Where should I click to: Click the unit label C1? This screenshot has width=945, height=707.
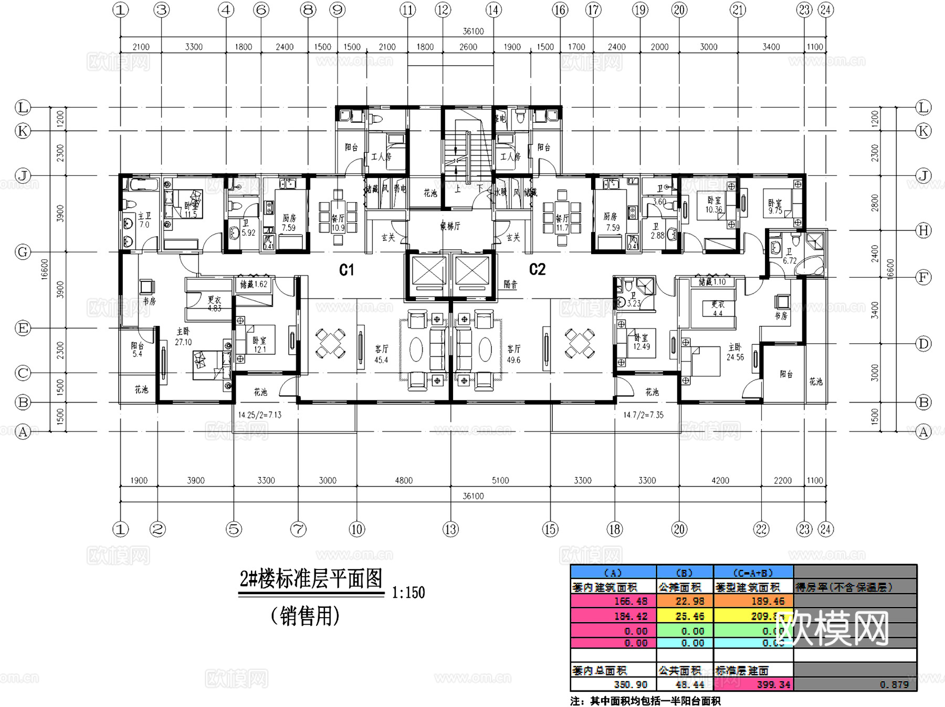point(346,270)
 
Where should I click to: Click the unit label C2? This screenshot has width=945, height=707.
point(537,269)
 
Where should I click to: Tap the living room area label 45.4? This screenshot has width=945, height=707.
point(381,360)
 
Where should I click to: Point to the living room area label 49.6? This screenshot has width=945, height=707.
point(513,360)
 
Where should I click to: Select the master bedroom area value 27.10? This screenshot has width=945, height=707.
point(183,342)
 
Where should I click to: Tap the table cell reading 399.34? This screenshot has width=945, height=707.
point(773,684)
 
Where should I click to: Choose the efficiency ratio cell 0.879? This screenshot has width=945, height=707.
point(894,684)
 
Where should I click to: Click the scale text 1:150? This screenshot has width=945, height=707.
point(408,593)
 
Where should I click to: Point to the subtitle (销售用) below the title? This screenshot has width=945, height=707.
point(305,616)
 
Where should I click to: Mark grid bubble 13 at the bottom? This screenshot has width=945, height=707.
point(450,529)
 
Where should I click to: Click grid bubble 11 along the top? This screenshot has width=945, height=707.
point(407,9)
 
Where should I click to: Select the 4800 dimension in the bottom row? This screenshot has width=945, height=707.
point(404,480)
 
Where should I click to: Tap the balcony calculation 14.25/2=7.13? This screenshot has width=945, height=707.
point(259,415)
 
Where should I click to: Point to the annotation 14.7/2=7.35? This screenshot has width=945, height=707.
point(643,415)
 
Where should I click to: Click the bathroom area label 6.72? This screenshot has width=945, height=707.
point(790,261)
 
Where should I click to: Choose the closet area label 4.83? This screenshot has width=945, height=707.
point(214,308)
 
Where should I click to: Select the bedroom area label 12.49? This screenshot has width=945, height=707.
point(642,346)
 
